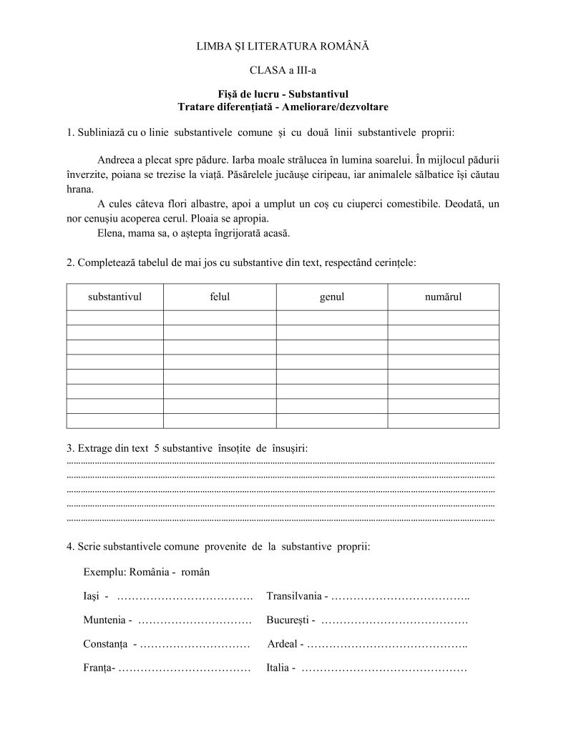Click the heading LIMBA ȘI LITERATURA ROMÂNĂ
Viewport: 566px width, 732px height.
(x=282, y=46)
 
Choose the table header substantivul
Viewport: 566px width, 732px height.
(x=114, y=297)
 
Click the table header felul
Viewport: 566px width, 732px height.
(x=220, y=297)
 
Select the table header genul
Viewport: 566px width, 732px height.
(x=332, y=297)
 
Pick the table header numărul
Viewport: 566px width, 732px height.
(x=443, y=297)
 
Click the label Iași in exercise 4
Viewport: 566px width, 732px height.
(x=92, y=596)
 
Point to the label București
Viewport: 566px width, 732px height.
(x=287, y=620)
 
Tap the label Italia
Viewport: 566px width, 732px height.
(x=277, y=668)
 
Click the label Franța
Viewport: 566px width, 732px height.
(x=98, y=668)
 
